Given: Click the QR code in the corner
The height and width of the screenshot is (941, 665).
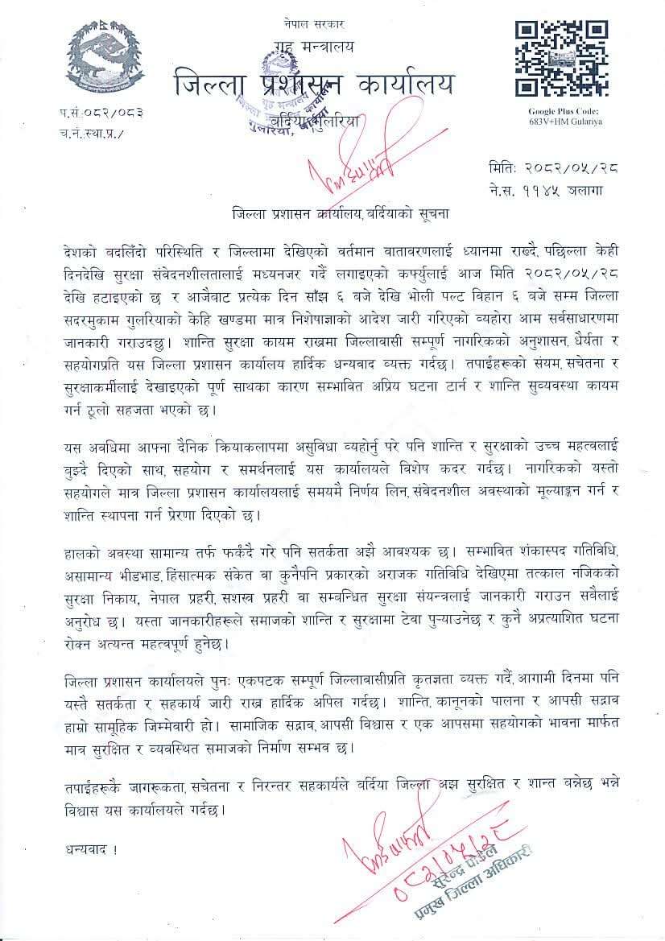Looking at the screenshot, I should [x=560, y=59].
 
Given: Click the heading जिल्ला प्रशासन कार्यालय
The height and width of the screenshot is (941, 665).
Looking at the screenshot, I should [x=312, y=84].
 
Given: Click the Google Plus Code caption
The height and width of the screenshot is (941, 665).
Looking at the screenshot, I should [x=564, y=116].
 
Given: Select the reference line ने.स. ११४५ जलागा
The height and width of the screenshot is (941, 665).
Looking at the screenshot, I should [x=545, y=190].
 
